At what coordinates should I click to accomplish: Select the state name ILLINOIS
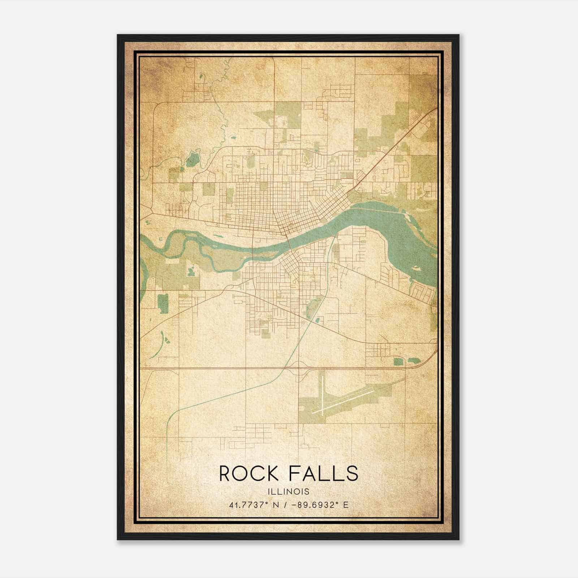(289, 491)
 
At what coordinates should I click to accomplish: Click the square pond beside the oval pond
(398, 361)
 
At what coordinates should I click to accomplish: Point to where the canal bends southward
(170, 415)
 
